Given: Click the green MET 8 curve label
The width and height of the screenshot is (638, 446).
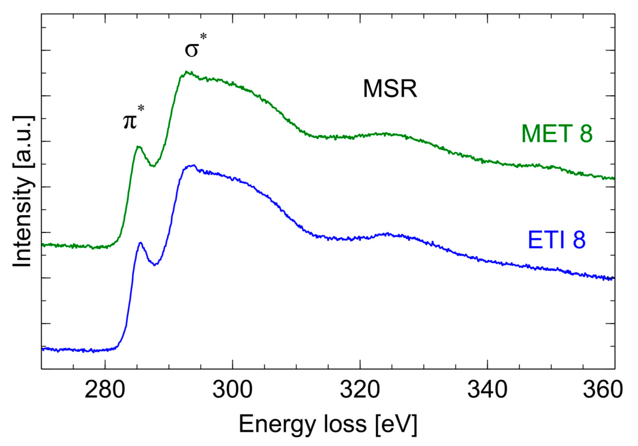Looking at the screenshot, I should coord(557,134).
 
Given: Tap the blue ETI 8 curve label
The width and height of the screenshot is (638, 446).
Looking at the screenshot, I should coord(556,240).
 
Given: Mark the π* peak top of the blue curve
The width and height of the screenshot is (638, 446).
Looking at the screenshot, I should coord(141,243).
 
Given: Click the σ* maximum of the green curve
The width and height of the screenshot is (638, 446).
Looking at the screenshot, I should coord(187,71).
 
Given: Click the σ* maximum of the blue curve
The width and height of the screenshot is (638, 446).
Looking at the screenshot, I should coord(193,165).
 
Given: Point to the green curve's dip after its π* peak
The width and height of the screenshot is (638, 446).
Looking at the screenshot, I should coord(153,166).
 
